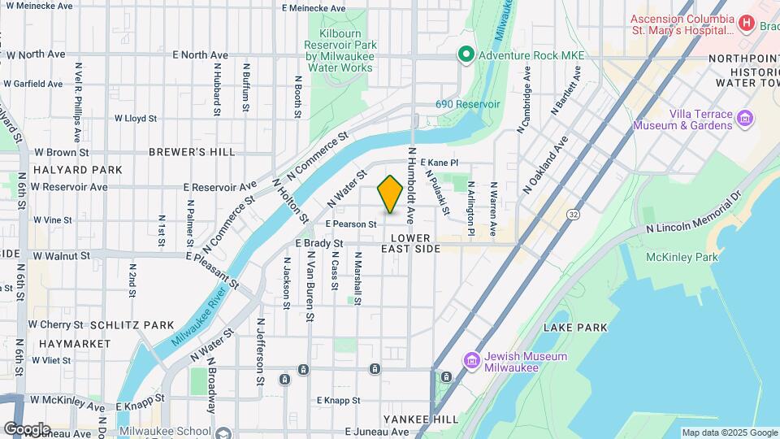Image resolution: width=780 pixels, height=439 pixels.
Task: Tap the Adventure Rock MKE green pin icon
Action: (x=466, y=55)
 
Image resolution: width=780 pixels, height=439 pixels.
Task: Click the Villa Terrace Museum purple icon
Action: (x=744, y=120)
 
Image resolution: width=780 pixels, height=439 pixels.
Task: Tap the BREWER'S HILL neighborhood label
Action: (x=192, y=152)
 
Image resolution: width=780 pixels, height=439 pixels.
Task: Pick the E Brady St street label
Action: (x=319, y=243)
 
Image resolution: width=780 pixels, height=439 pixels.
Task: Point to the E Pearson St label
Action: (x=351, y=224)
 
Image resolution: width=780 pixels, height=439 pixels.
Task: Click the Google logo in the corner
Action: (x=27, y=428)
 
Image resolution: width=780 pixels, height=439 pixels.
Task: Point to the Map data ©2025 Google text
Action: (x=730, y=432)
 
